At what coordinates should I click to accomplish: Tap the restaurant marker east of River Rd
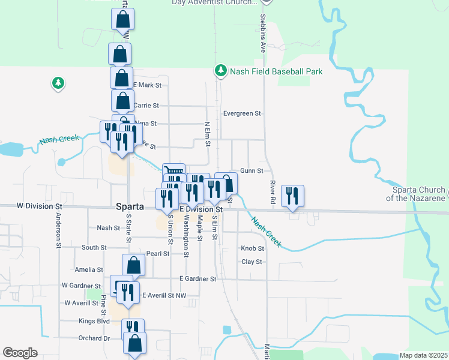(292, 196)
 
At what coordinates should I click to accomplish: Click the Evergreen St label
(243, 113)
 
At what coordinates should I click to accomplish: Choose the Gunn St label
(252, 171)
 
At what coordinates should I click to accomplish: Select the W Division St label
(39, 206)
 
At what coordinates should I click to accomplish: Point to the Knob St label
(252, 248)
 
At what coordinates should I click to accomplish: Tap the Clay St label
(252, 262)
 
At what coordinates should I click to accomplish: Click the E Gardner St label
(197, 279)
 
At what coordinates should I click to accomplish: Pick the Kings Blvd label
(94, 321)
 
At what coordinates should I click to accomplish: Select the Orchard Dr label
(94, 338)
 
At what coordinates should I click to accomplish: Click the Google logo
(20, 353)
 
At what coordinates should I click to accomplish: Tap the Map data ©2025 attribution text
(423, 355)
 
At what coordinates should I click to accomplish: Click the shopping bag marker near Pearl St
(134, 265)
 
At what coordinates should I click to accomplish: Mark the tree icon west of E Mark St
(58, 83)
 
